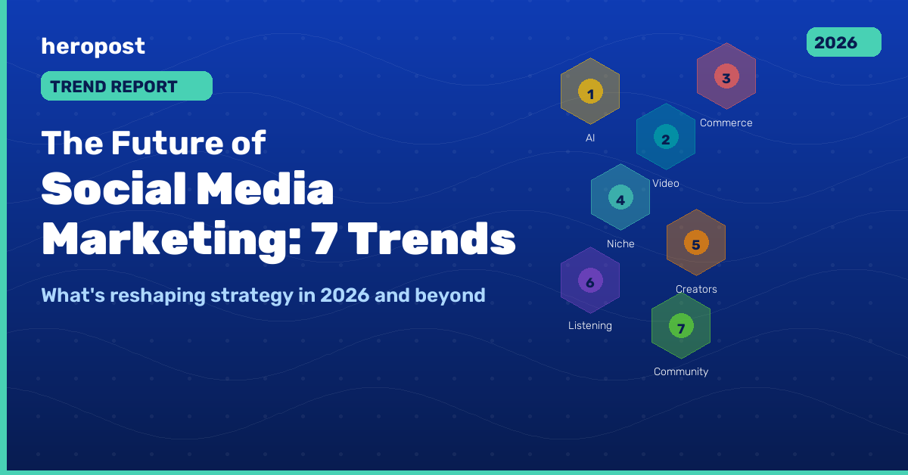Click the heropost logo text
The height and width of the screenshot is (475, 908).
(93, 47)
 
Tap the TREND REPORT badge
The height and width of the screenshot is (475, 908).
(126, 86)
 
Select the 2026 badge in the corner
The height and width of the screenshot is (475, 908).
(844, 42)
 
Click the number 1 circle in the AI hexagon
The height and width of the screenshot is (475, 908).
(590, 93)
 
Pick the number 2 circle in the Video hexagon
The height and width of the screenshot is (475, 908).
(666, 138)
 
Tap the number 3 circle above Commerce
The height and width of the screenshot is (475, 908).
(726, 77)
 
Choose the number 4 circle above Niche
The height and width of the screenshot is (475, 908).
(620, 199)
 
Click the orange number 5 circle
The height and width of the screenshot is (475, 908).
(696, 244)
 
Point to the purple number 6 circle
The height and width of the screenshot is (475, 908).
(590, 281)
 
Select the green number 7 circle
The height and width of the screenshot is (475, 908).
(681, 327)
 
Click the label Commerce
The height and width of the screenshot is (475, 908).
(726, 123)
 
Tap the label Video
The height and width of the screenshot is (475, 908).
(666, 183)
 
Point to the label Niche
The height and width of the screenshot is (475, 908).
(620, 244)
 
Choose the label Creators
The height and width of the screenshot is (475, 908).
(696, 289)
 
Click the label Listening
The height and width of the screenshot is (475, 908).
(590, 326)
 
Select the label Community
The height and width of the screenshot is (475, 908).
(681, 371)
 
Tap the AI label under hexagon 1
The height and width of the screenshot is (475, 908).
(590, 138)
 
